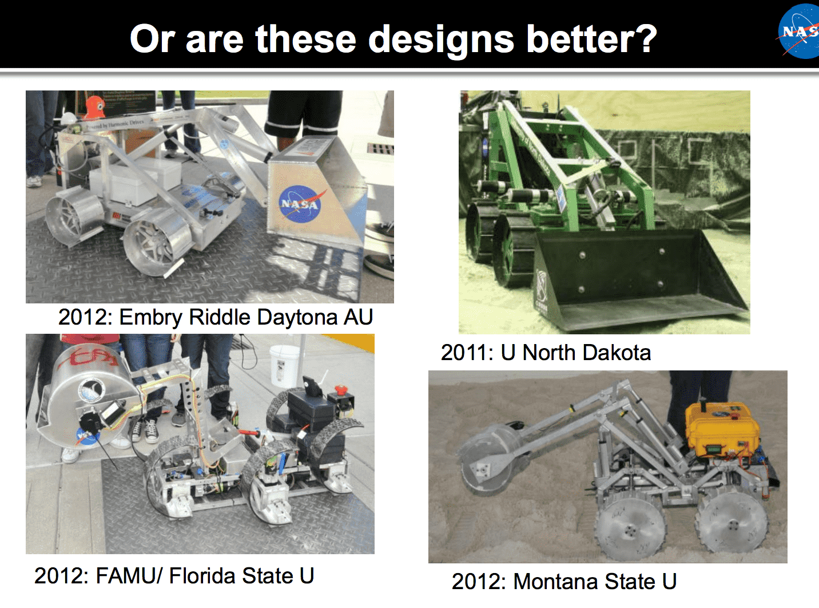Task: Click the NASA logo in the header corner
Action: click(800, 31)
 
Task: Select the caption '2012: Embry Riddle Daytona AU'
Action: click(216, 317)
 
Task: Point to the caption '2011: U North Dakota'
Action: click(546, 353)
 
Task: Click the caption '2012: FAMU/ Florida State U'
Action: click(174, 576)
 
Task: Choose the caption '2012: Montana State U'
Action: click(564, 582)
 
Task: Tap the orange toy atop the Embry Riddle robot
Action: click(94, 107)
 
